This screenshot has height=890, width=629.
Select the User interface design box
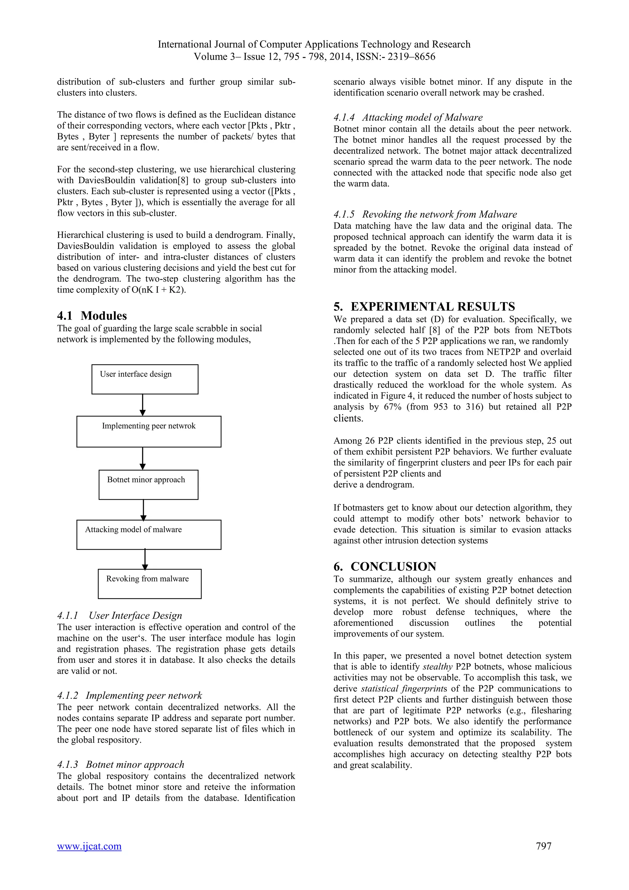click(x=145, y=379)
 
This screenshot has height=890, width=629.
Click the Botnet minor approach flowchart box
click(x=148, y=485)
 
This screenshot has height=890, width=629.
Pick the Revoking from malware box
click(x=150, y=584)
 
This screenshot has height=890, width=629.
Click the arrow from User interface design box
click(x=143, y=405)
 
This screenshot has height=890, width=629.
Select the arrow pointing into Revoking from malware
click(x=145, y=559)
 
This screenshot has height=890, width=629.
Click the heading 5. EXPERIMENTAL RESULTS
click(x=424, y=307)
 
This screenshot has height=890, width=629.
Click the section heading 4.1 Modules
click(x=92, y=316)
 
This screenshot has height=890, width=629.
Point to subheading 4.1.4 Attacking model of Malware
click(x=408, y=117)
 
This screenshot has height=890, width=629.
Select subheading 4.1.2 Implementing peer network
click(x=129, y=695)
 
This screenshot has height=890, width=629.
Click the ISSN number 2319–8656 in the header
click(x=411, y=57)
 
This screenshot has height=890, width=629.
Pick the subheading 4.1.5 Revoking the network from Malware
click(x=425, y=215)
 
